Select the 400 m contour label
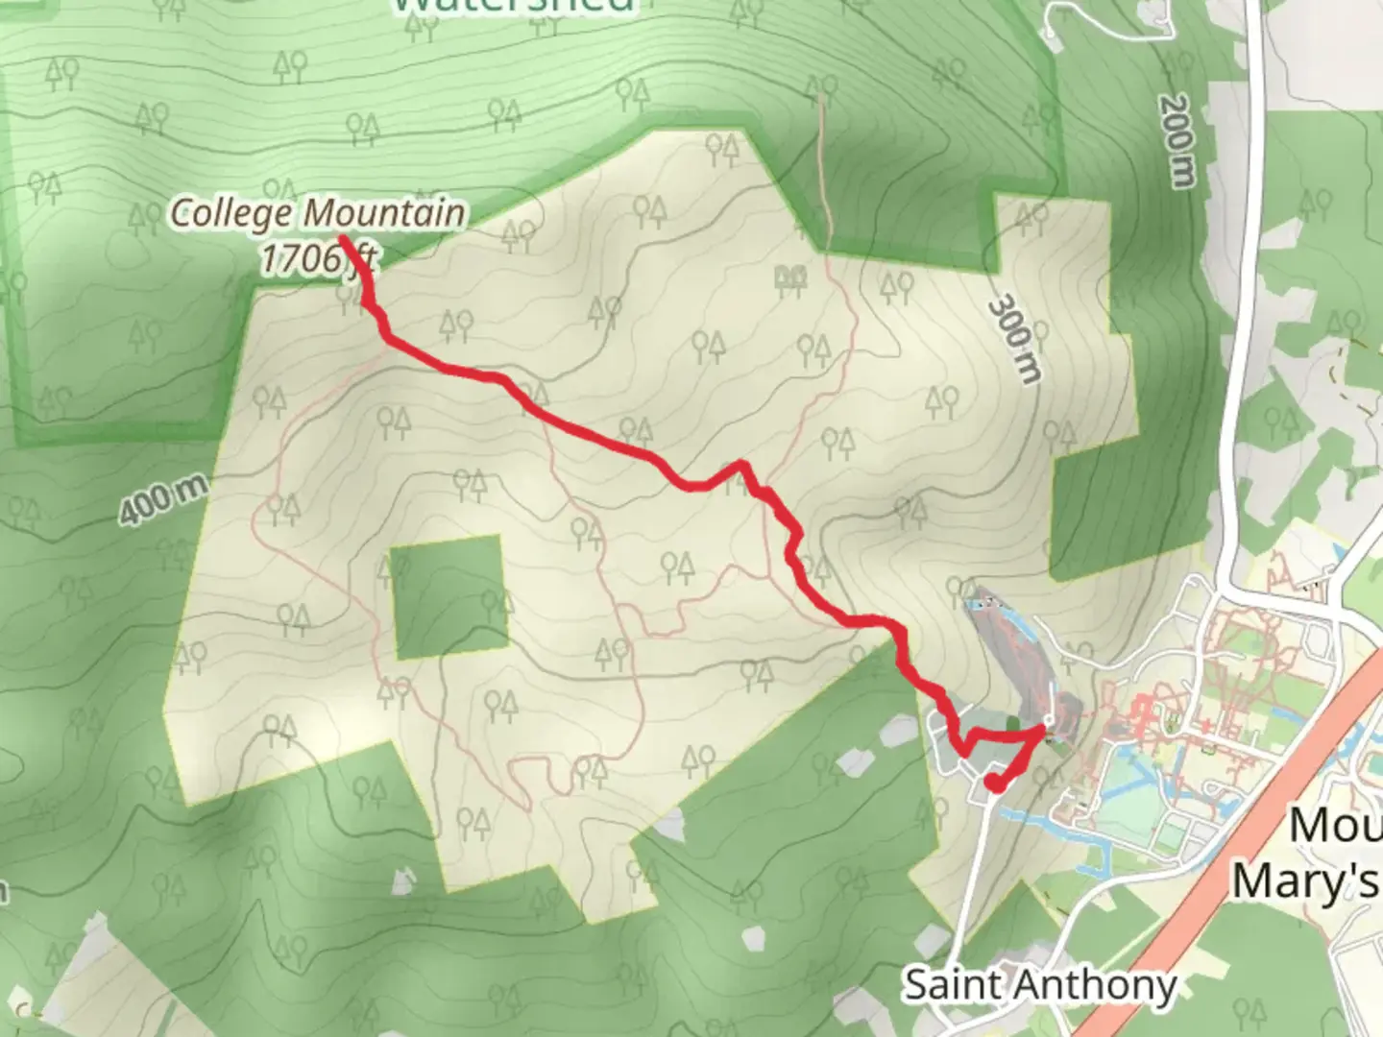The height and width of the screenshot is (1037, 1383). [162, 499]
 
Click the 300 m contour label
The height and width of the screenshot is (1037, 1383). [1014, 339]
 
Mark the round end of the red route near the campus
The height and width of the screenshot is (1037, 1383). [996, 784]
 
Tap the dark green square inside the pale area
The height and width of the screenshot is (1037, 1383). [449, 595]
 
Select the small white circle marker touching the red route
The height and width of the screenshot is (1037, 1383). [1050, 719]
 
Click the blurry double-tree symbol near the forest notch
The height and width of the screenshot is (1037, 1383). [789, 278]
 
